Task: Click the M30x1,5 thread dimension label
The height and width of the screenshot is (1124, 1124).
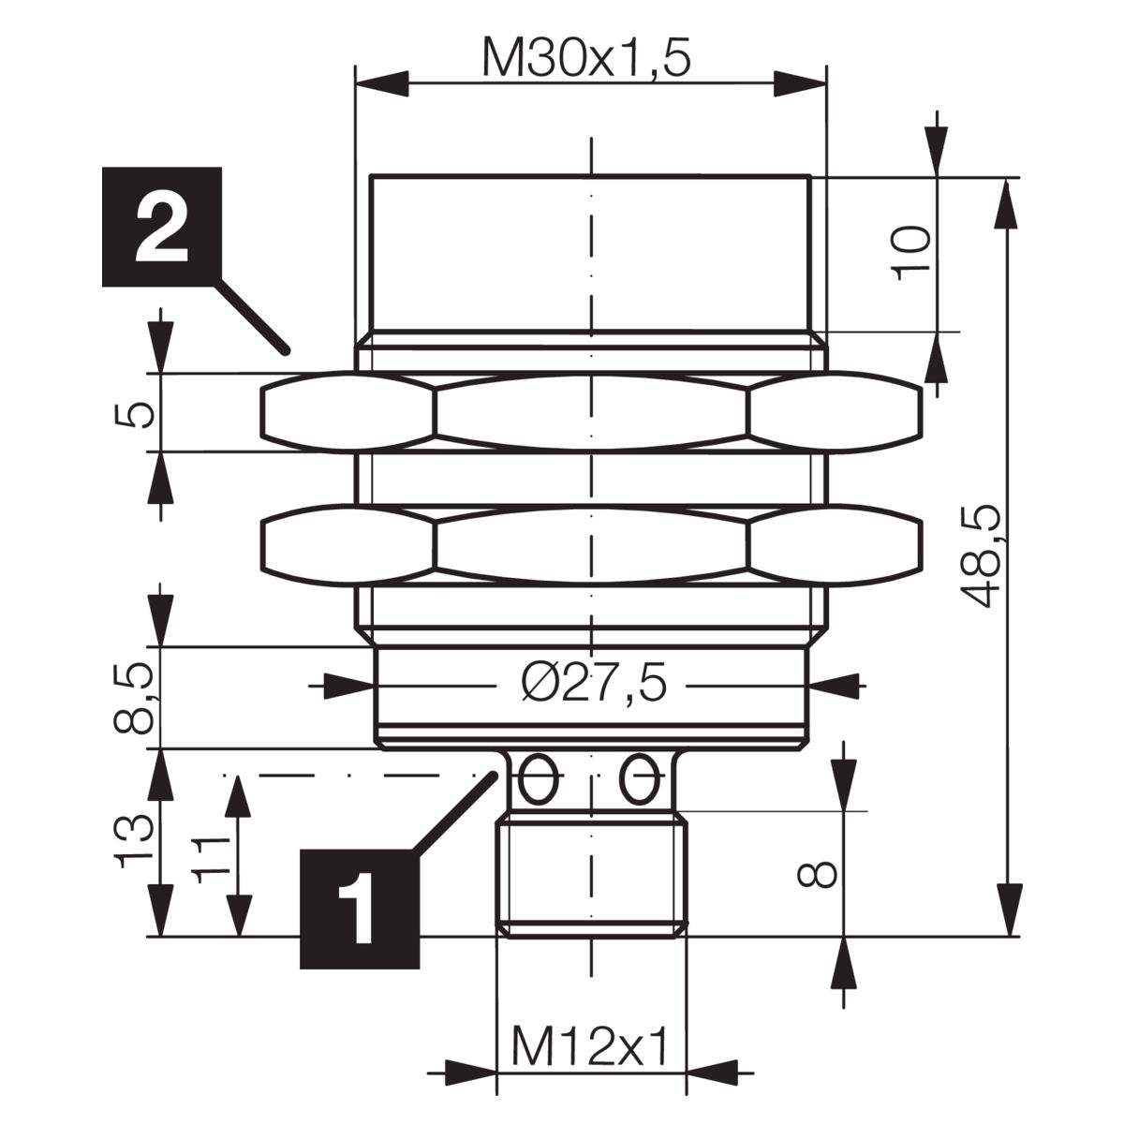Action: [586, 59]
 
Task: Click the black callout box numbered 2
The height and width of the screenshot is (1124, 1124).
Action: [162, 227]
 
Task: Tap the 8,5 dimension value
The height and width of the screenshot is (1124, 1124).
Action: [133, 697]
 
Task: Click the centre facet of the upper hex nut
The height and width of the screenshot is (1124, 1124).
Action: [591, 412]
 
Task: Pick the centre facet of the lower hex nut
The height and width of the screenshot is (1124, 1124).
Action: [591, 545]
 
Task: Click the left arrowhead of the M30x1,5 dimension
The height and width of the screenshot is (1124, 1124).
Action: [382, 83]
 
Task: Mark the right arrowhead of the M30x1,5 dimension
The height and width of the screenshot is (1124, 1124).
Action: [800, 83]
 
